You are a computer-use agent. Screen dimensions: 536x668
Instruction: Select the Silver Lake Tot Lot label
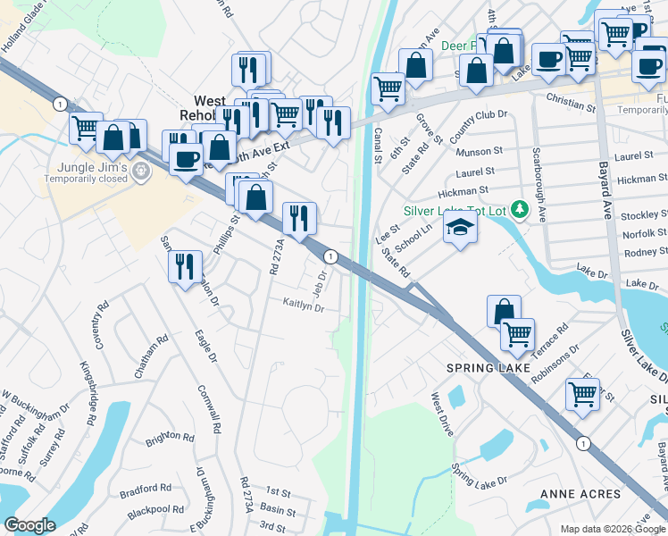tap(455, 211)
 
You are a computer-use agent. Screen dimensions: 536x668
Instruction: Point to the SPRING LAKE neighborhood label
tap(482, 368)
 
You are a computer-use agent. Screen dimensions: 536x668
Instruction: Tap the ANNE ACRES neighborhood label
tap(580, 494)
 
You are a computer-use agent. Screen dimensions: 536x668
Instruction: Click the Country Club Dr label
tap(478, 128)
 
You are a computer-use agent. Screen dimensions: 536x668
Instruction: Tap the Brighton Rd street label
tap(170, 439)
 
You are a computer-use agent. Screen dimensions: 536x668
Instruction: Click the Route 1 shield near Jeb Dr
tap(330, 256)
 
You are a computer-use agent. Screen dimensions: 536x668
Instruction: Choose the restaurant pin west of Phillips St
tap(185, 266)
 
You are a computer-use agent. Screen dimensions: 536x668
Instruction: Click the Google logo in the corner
tap(29, 525)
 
